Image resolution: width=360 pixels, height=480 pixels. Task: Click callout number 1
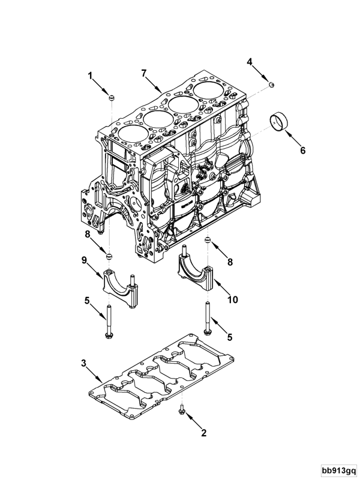click(91, 76)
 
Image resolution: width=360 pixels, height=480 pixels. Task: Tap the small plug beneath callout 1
click(112, 97)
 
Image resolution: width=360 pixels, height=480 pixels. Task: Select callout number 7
click(144, 73)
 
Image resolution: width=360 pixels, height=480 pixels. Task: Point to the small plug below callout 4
click(271, 85)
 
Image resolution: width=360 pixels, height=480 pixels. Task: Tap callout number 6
click(302, 151)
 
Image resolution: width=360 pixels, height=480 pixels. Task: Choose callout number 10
click(232, 299)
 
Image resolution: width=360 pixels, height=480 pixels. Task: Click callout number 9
click(85, 260)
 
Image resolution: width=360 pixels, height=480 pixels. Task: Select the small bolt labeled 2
click(182, 410)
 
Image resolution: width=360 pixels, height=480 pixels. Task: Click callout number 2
click(203, 433)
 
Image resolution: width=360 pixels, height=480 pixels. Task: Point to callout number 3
click(84, 363)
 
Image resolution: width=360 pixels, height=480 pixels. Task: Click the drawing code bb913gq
click(337, 469)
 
